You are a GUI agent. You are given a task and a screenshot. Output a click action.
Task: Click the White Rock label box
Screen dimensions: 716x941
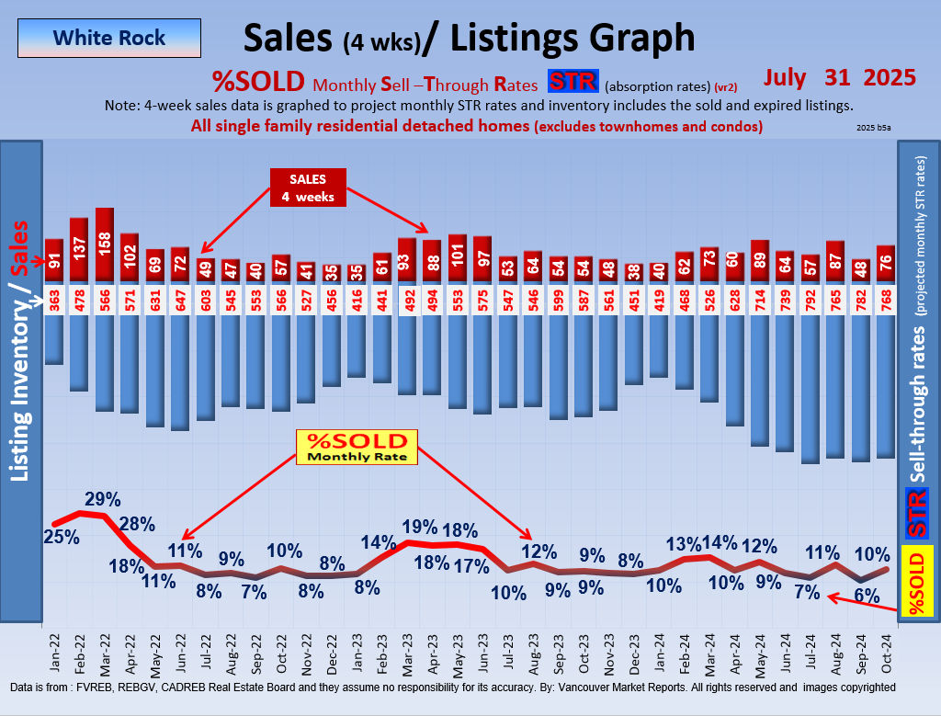point(109,39)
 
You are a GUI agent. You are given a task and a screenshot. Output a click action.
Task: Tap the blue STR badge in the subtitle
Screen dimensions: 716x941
point(573,82)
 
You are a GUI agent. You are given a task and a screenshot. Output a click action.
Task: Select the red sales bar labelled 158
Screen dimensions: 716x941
point(104,244)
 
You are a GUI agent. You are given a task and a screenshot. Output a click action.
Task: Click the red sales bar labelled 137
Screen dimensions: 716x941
point(79,249)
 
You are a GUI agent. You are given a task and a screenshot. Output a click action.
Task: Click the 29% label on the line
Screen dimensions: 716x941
point(103,500)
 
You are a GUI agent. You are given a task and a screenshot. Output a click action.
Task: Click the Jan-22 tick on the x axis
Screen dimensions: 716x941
point(55,653)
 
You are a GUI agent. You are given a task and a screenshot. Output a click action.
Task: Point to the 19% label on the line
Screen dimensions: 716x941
point(419,527)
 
